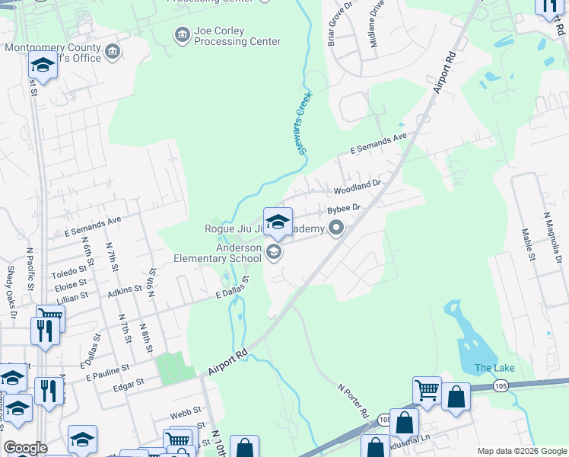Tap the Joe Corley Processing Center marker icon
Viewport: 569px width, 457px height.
182,35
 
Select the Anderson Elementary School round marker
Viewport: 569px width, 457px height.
274,252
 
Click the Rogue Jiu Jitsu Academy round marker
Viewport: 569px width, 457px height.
336,228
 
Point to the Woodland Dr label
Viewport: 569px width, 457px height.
356,187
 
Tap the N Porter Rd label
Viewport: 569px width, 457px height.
354,401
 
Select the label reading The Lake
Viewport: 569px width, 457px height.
494,369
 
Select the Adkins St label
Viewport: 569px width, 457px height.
126,289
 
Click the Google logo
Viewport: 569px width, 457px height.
25,448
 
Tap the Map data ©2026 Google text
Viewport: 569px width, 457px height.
521,451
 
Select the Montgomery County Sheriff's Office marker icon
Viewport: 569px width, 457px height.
113,52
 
